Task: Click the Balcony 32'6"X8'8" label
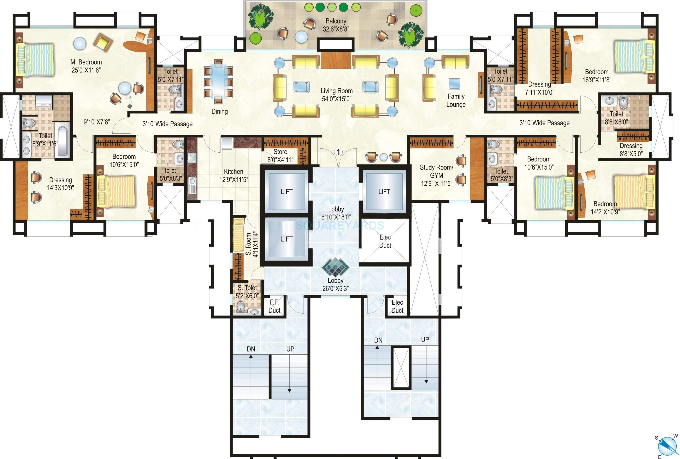tap(336, 25)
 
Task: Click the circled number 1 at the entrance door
tap(338, 152)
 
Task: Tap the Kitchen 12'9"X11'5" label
tap(233, 175)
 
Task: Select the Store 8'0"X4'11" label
tap(280, 156)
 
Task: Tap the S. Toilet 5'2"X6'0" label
tap(247, 291)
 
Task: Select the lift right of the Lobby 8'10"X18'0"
tap(384, 192)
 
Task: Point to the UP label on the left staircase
tap(290, 349)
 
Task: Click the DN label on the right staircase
tap(378, 340)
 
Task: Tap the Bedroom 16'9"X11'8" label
tap(596, 76)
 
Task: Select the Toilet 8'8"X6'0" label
tap(616, 118)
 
